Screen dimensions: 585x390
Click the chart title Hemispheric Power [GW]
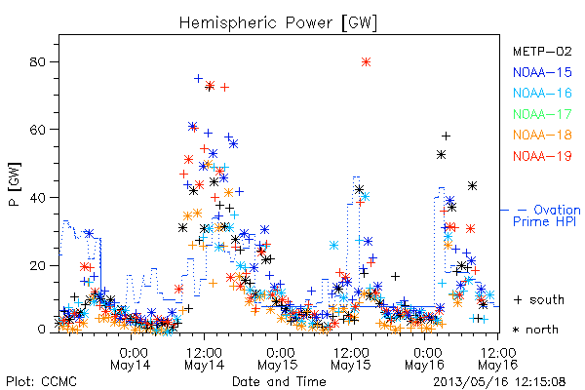tap(278, 23)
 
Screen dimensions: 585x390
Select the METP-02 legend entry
tap(542, 51)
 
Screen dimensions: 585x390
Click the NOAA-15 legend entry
tap(542, 72)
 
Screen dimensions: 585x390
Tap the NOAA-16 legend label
tap(542, 93)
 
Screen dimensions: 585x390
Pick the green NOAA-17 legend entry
tap(542, 114)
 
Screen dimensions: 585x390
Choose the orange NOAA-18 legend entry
tap(542, 135)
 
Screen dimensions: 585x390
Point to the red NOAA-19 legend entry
tap(542, 156)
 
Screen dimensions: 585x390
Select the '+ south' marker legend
tap(539, 299)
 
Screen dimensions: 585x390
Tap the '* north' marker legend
tap(535, 330)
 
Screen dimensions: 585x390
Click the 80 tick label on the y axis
tap(37, 62)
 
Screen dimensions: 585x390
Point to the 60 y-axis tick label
tap(37, 130)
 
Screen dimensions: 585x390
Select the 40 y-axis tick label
tap(37, 197)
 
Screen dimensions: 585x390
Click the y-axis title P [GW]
tap(15, 184)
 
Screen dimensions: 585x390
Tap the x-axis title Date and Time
tap(279, 381)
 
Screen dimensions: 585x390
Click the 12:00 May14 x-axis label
tap(204, 358)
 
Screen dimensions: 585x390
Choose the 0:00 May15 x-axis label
tap(278, 358)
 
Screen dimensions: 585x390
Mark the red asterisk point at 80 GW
tap(366, 62)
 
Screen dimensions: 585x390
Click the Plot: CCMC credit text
tap(41, 381)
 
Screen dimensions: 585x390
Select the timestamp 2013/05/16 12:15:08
tap(499, 382)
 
